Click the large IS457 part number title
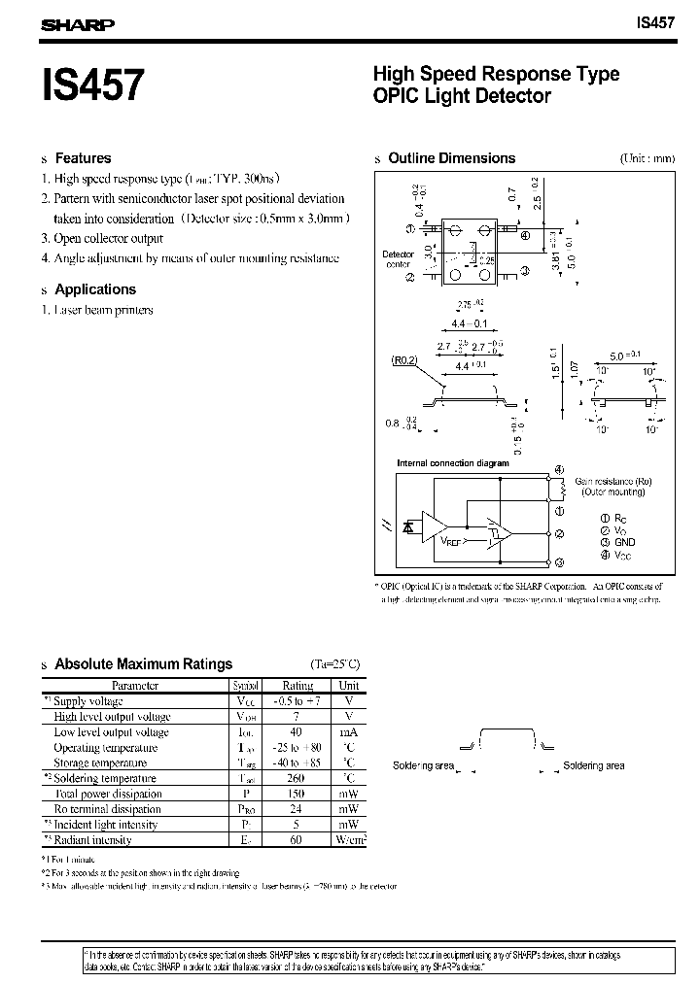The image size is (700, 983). coord(92,85)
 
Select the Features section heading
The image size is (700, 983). coord(83,158)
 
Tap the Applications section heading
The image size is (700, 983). coord(95,289)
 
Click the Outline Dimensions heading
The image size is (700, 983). coord(451,158)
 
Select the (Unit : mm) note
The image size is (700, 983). coord(647,158)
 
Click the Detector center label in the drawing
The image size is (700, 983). coord(398,258)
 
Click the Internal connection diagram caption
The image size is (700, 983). coord(452,463)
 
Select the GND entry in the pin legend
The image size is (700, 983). coord(623,542)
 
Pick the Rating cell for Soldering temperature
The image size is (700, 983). coord(297,778)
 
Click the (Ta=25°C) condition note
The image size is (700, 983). coord(334,664)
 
